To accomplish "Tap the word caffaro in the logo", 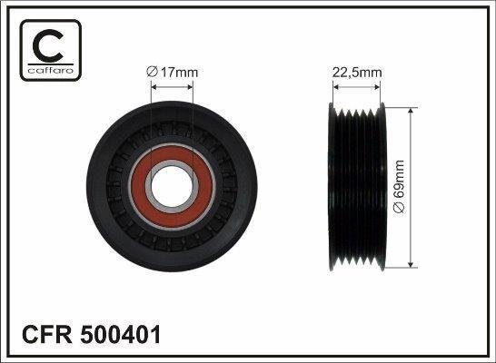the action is [x=51, y=70].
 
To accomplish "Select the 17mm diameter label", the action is [x=172, y=73].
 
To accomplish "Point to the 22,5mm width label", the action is [x=357, y=73].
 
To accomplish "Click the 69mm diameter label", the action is [x=399, y=187].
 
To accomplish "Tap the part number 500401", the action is [x=120, y=335].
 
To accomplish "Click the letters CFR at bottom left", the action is [x=47, y=335].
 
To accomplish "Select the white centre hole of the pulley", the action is [x=172, y=186].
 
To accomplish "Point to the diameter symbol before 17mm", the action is [x=152, y=73].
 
